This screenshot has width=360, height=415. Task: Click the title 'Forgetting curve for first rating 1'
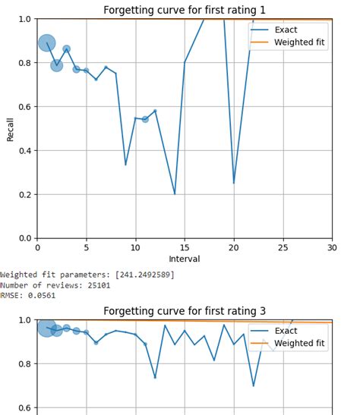(x=185, y=8)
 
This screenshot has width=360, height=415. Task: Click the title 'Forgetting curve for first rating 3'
(x=185, y=310)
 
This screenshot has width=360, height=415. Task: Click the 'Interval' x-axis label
(x=185, y=259)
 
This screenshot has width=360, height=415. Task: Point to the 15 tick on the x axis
(x=185, y=247)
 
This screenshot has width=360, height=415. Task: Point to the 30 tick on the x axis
(x=331, y=247)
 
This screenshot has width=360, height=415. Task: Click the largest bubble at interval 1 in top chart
(x=47, y=43)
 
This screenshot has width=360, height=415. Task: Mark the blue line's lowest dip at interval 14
(x=175, y=194)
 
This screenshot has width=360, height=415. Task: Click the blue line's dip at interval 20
(x=233, y=183)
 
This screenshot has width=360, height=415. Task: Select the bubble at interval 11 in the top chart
(x=145, y=119)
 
